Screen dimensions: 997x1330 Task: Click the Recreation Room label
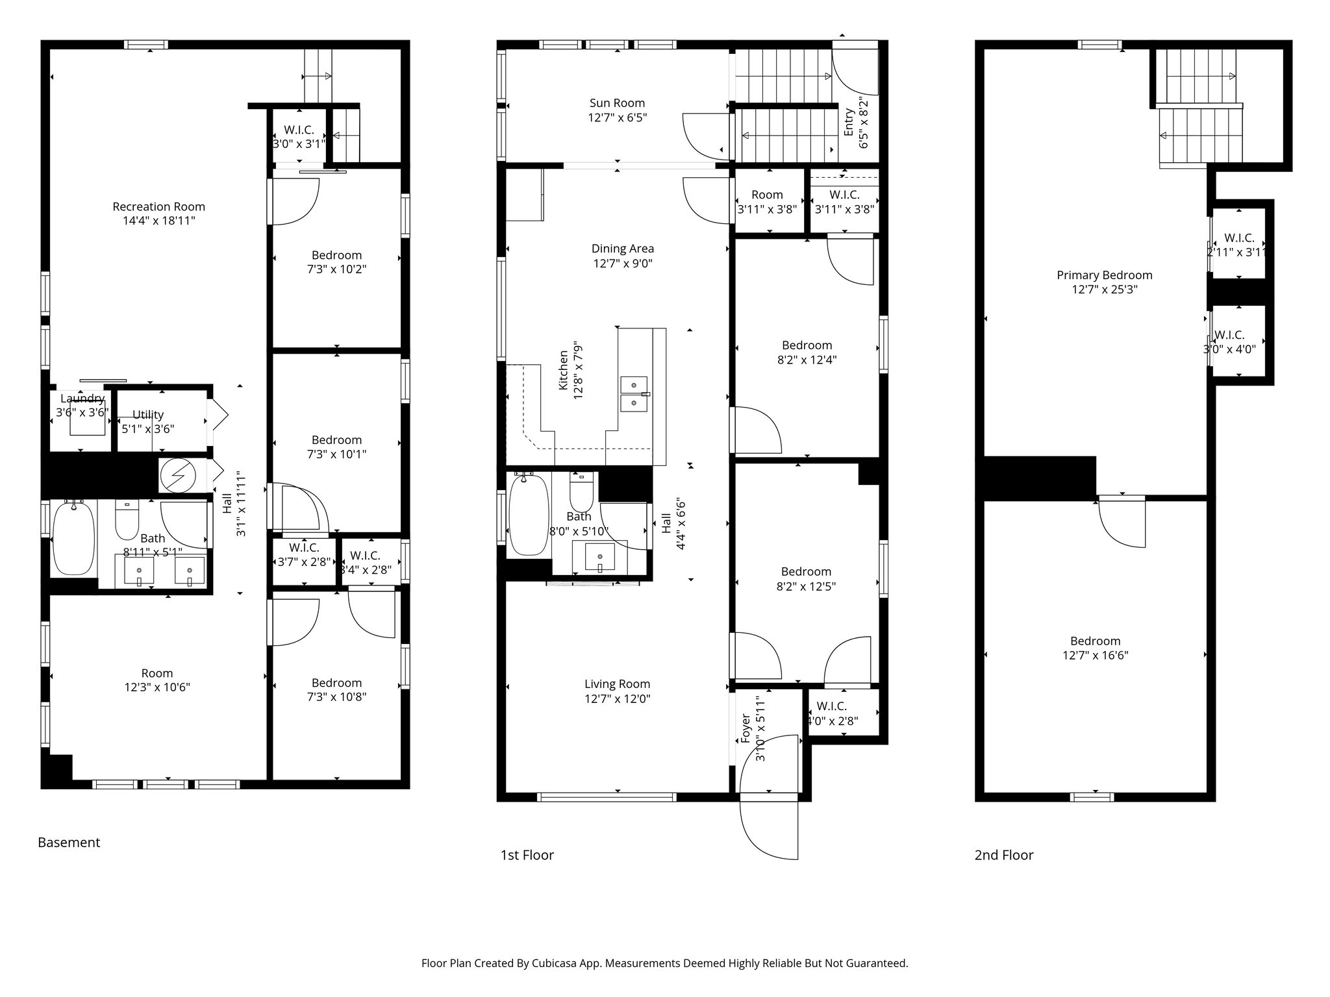(x=158, y=207)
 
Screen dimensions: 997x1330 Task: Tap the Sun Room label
(x=617, y=103)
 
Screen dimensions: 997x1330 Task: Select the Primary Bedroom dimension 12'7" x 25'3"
(x=1104, y=289)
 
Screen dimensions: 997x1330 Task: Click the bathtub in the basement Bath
(x=73, y=537)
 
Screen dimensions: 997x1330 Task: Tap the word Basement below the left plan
(x=69, y=843)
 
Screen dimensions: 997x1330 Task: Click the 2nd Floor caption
(x=1003, y=855)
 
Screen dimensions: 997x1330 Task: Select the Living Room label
(x=617, y=683)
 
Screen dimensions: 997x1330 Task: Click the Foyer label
(x=746, y=728)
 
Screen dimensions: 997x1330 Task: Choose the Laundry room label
(x=82, y=399)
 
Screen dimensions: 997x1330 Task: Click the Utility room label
(x=148, y=415)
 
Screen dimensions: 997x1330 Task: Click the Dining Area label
(x=622, y=249)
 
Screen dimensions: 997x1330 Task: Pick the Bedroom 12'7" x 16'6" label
(x=1095, y=641)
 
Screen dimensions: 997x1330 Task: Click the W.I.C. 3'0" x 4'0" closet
(x=1229, y=341)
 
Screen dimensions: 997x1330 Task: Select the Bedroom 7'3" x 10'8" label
(x=336, y=683)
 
